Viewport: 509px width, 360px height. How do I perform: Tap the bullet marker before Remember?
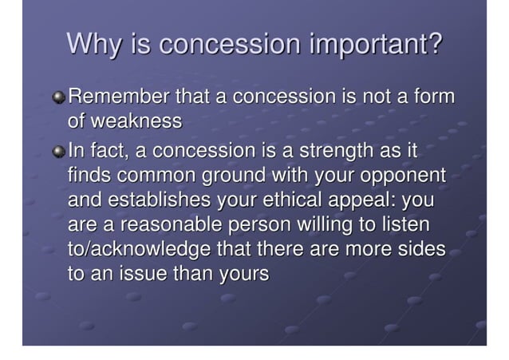tap(59, 99)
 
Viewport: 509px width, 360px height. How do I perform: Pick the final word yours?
tap(241, 272)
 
